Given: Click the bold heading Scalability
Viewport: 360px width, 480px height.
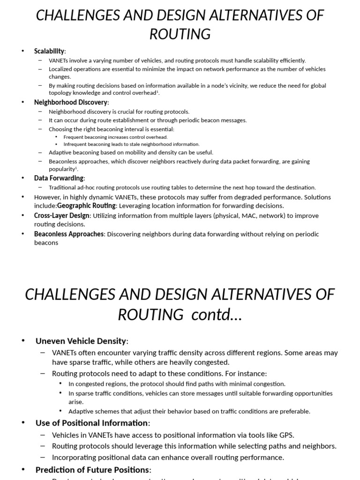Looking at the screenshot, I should pos(49,51).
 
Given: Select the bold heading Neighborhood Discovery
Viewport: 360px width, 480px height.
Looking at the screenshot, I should pos(71,102).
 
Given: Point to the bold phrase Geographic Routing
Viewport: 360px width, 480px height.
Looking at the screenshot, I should pos(86,205).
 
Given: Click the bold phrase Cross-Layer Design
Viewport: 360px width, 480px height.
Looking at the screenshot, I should pos(61,216).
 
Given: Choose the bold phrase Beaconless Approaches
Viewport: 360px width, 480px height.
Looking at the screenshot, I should pos(69,234).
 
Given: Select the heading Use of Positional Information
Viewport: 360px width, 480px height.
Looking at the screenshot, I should pos(91,423).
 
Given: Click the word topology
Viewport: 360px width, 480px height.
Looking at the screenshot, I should pos(60,93).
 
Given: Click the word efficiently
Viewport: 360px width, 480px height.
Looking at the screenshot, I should pos(290,60).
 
